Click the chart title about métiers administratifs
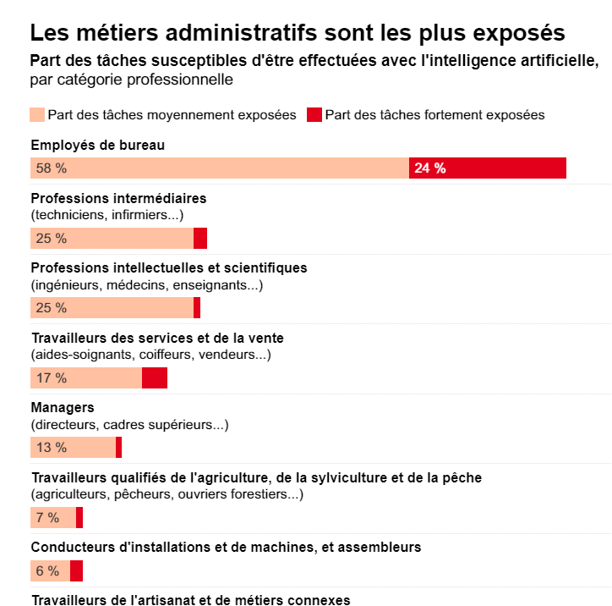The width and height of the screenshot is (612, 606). tap(298, 33)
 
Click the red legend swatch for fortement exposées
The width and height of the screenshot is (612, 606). tap(314, 115)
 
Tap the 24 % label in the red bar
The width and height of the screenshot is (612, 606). tap(429, 168)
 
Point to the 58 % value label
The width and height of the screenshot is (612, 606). tap(51, 168)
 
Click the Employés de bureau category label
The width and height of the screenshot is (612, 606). tap(97, 146)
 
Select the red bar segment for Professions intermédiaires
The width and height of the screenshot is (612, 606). tap(200, 239)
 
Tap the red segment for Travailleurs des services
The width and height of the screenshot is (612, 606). tap(155, 378)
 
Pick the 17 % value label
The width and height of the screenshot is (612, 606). tap(51, 378)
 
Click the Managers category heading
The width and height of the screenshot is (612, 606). tap(63, 408)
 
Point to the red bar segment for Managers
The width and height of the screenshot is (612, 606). tap(119, 448)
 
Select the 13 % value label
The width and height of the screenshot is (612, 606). tap(51, 448)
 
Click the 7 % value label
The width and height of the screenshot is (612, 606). tap(47, 518)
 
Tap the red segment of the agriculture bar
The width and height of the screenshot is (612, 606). tap(79, 518)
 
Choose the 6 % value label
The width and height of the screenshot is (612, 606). tap(47, 571)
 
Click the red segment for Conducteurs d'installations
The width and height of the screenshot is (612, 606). tap(76, 571)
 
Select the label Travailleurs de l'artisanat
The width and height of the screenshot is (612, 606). tap(190, 600)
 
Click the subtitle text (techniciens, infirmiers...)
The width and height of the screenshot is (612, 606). tap(107, 215)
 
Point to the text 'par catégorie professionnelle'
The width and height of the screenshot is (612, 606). tap(131, 80)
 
